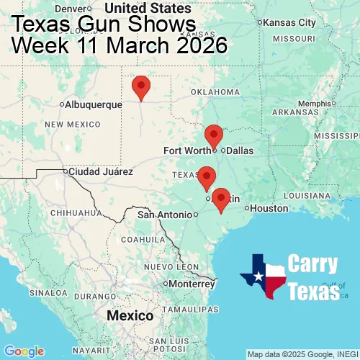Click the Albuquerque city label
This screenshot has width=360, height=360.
[94, 104]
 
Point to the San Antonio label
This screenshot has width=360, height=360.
[166, 215]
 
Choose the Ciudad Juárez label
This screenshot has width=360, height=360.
[101, 172]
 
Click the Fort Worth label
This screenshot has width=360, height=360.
[187, 150]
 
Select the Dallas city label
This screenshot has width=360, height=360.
[240, 150]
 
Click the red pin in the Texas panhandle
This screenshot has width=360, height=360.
[141, 86]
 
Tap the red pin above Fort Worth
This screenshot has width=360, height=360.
[214, 135]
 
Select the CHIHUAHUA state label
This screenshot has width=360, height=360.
[73, 213]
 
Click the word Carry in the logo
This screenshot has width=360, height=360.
[314, 264]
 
